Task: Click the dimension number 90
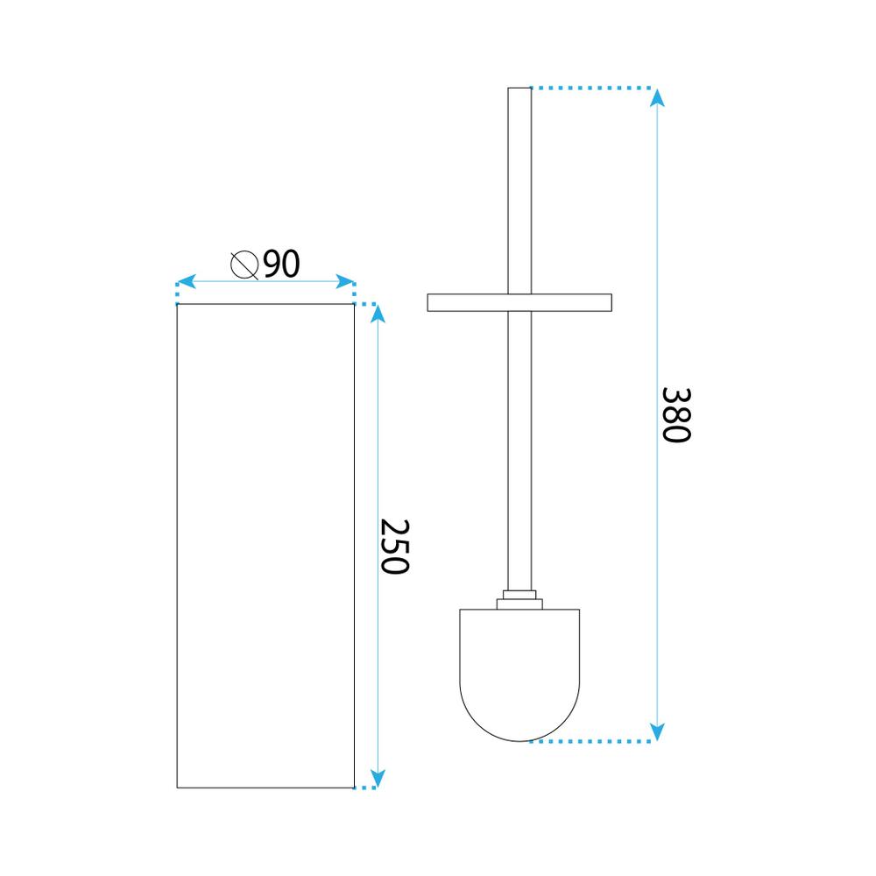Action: (281, 264)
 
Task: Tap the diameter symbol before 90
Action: (244, 264)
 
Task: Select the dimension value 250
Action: (395, 546)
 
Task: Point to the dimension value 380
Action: (675, 414)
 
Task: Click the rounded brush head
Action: (519, 669)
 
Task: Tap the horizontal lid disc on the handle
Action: (519, 302)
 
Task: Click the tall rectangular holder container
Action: (265, 545)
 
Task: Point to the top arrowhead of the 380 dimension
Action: (657, 98)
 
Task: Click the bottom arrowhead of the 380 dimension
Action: (657, 731)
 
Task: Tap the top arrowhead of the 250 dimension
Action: (378, 314)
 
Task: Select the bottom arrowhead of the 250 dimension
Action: (378, 778)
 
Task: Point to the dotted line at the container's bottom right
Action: (366, 788)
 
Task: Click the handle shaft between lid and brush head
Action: (519, 447)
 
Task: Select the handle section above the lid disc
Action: (519, 193)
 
